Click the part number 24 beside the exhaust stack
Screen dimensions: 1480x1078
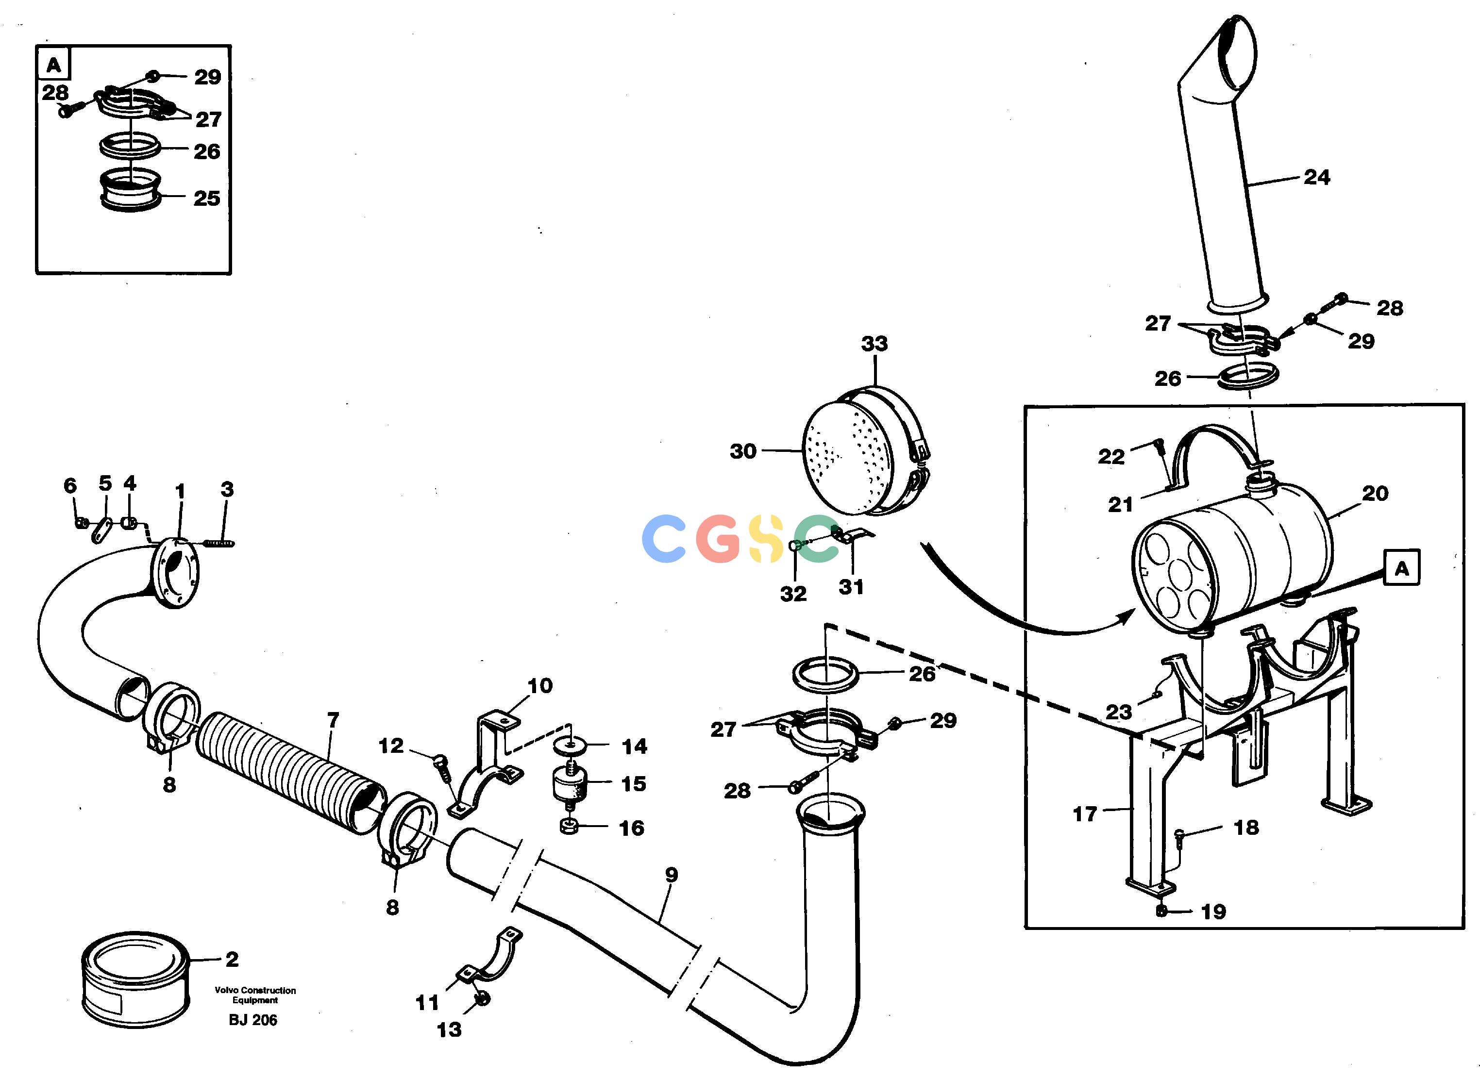1316,178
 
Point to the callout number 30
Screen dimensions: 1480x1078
743,451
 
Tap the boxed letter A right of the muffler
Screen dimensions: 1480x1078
1401,568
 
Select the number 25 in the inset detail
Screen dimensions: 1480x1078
207,199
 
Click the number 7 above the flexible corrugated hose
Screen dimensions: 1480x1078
333,720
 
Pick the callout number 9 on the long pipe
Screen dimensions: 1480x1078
672,875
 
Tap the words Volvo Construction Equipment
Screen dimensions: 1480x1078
255,995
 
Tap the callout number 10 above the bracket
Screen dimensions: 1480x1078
540,686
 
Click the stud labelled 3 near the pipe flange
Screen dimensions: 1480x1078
219,542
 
